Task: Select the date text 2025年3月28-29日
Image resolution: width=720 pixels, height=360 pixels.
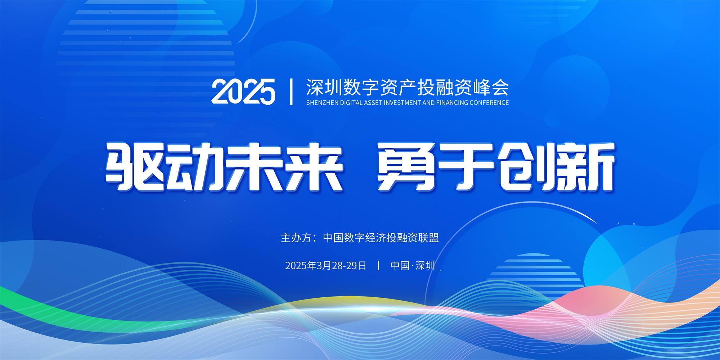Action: point(326,266)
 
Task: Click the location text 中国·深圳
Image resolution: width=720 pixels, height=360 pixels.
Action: point(413,266)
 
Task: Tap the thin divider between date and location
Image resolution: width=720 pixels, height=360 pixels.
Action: point(378,266)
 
